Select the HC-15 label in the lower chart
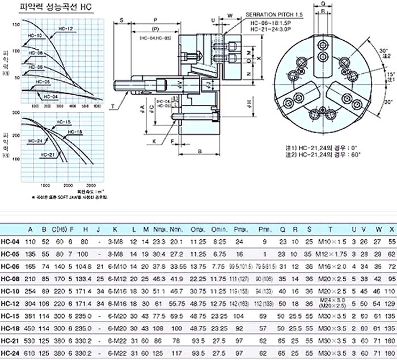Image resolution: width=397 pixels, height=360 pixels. [x=64, y=122]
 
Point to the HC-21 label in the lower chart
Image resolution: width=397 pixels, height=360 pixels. [x=48, y=154]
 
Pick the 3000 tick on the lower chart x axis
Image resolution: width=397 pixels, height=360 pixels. [x=91, y=185]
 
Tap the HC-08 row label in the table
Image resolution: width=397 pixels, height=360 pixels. [x=10, y=278]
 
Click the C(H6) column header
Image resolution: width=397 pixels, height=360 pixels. [x=56, y=229]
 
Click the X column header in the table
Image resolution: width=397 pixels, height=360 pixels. [x=391, y=229]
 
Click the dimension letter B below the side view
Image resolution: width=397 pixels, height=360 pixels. [x=200, y=151]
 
